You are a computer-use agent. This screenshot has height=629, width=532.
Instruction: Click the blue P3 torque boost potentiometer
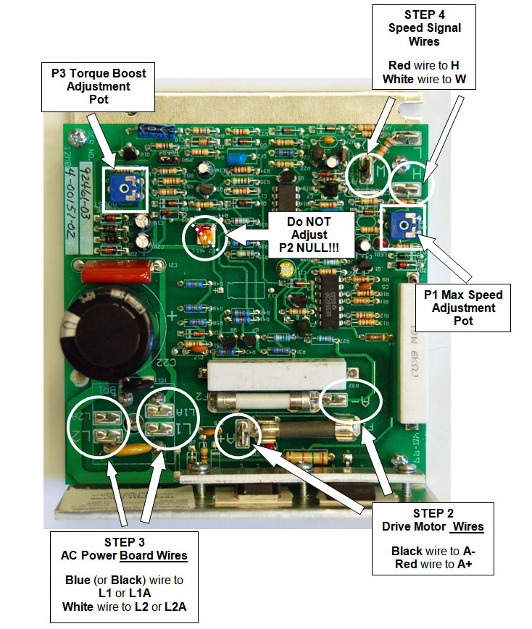[x=125, y=188]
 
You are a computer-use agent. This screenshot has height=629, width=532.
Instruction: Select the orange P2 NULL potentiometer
[x=206, y=236]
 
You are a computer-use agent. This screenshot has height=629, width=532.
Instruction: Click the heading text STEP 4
[x=423, y=15]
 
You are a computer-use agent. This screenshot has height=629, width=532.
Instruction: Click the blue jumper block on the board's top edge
[x=154, y=130]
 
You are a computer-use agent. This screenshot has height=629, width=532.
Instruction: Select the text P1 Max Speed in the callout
[x=464, y=295]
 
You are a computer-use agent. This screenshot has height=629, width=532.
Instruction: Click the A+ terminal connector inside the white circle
[x=245, y=439]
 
